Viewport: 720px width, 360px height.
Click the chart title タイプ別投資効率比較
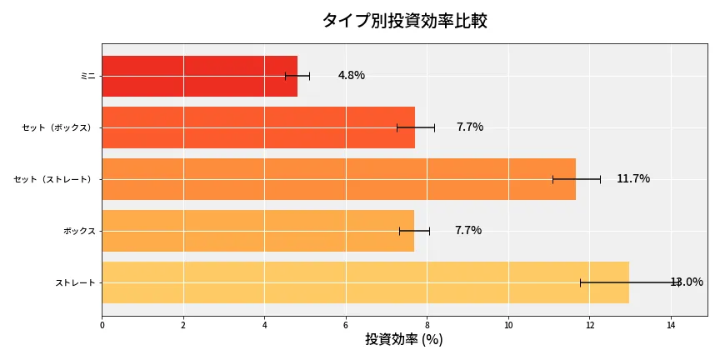coord(404,21)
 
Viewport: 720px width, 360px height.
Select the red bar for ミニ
coord(199,76)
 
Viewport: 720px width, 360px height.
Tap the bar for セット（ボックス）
coord(258,127)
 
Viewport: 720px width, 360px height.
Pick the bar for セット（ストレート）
coord(338,179)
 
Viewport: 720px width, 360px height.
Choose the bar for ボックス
coord(257,231)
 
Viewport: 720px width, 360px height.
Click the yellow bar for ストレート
coord(365,282)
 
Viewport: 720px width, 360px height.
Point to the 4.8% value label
coord(351,76)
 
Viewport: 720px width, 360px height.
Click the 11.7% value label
coord(632,179)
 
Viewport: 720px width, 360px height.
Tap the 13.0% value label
coord(687,282)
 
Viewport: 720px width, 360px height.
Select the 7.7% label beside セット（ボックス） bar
coord(469,127)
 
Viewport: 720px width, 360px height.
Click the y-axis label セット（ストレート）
coord(55,179)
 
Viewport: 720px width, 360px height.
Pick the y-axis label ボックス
coord(79,231)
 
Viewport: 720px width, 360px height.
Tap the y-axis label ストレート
coord(75,282)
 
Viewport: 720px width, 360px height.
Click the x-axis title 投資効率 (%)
coord(404,340)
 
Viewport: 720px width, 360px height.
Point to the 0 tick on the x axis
coord(102,325)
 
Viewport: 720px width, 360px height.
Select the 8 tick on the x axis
coord(427,325)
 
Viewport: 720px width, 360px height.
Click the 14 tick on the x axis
coord(671,325)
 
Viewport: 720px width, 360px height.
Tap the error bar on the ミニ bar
coord(297,76)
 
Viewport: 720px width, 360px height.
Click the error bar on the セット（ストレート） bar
coord(576,179)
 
